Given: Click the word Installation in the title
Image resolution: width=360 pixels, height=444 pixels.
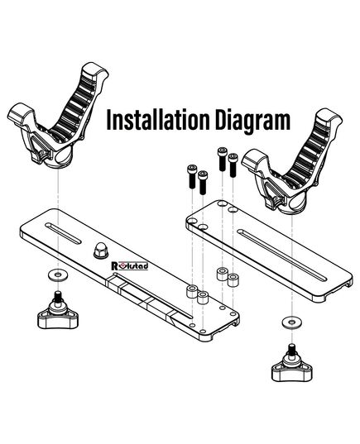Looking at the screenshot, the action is tap(159, 120).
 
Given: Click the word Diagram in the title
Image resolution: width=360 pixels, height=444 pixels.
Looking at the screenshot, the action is tap(253, 122).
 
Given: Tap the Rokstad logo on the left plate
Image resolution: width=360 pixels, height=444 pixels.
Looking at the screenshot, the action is tap(130, 265).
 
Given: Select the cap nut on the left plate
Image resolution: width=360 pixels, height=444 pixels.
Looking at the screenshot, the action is tap(101, 250).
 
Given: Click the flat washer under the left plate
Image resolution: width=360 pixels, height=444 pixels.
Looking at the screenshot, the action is tap(58, 275).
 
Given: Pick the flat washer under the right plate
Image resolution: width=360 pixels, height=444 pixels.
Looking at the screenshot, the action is tap(291, 322).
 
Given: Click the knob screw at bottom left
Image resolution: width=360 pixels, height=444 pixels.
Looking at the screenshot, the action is tap(58, 313).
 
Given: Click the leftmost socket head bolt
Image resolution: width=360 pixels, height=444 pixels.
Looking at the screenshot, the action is tap(192, 176).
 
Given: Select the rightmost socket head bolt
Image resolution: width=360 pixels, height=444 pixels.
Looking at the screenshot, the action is tap(233, 165).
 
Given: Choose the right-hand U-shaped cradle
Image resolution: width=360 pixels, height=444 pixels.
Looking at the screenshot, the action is tap(292, 163).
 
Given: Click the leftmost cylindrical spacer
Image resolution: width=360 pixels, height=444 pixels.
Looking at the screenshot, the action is tap(192, 292).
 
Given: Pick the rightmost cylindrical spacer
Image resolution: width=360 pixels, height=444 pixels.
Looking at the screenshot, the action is tap(233, 280).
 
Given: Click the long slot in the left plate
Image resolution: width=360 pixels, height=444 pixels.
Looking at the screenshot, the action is tap(153, 295).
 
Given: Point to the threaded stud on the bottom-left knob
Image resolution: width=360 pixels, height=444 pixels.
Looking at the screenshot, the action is tap(58, 296).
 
